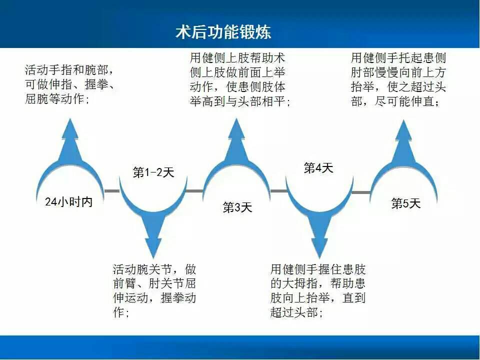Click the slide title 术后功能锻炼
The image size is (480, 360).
[x=223, y=32]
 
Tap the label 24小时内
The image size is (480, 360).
[x=68, y=201]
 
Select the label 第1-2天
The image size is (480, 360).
[x=153, y=172]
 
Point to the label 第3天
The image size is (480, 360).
[x=237, y=207]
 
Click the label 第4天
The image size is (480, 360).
[x=318, y=168]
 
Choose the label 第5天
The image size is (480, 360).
[x=406, y=203]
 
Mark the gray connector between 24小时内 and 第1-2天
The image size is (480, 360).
[x=112, y=191]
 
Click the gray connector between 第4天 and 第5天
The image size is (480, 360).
[x=361, y=192]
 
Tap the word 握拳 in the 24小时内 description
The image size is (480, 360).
[x=97, y=84]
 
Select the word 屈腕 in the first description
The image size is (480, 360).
[x=36, y=99]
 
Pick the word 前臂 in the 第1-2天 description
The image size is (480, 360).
[x=124, y=283]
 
